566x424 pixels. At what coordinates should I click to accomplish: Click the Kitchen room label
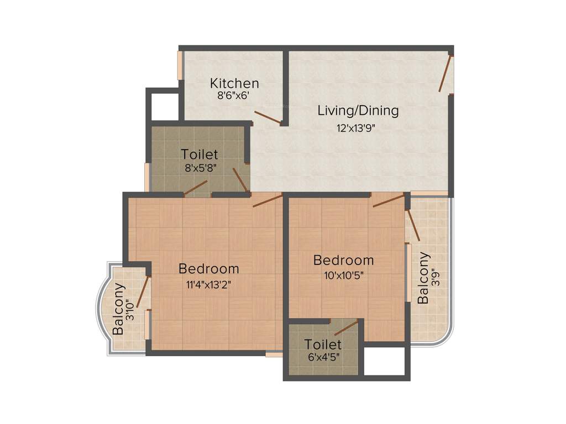coord(234,83)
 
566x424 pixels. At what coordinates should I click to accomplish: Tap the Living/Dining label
coord(358,110)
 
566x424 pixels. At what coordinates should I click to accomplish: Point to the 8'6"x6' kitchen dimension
coord(234,95)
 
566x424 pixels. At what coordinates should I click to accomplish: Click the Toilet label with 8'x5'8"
coord(200,155)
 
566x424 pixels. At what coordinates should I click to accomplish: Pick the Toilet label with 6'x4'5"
coord(323,344)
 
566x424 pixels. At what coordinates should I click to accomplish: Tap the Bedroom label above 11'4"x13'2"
coord(209,269)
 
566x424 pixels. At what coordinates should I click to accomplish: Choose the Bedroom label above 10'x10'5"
coord(343,260)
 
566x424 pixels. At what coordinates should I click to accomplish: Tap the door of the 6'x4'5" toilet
coord(346,327)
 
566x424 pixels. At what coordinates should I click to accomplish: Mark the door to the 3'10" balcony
coord(143,290)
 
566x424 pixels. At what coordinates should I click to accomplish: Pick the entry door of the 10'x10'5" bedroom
coord(389,200)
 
